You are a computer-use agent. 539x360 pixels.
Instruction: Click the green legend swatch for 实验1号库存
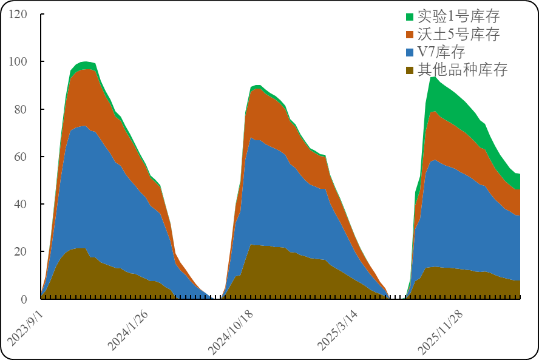[x=410, y=16]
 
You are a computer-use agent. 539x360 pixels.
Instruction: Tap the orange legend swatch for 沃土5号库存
[x=410, y=35]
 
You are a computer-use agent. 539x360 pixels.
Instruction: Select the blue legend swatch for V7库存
[x=410, y=52]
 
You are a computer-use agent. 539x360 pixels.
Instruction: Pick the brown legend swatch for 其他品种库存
[x=410, y=70]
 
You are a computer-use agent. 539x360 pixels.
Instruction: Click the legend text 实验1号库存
[x=458, y=16]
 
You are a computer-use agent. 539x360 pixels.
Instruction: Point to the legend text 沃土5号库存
[x=458, y=35]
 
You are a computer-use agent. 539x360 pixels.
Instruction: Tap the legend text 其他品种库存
[x=463, y=70]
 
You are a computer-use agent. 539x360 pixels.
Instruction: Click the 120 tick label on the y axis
[x=18, y=14]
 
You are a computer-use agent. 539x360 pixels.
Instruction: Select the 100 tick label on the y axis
[x=18, y=62]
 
